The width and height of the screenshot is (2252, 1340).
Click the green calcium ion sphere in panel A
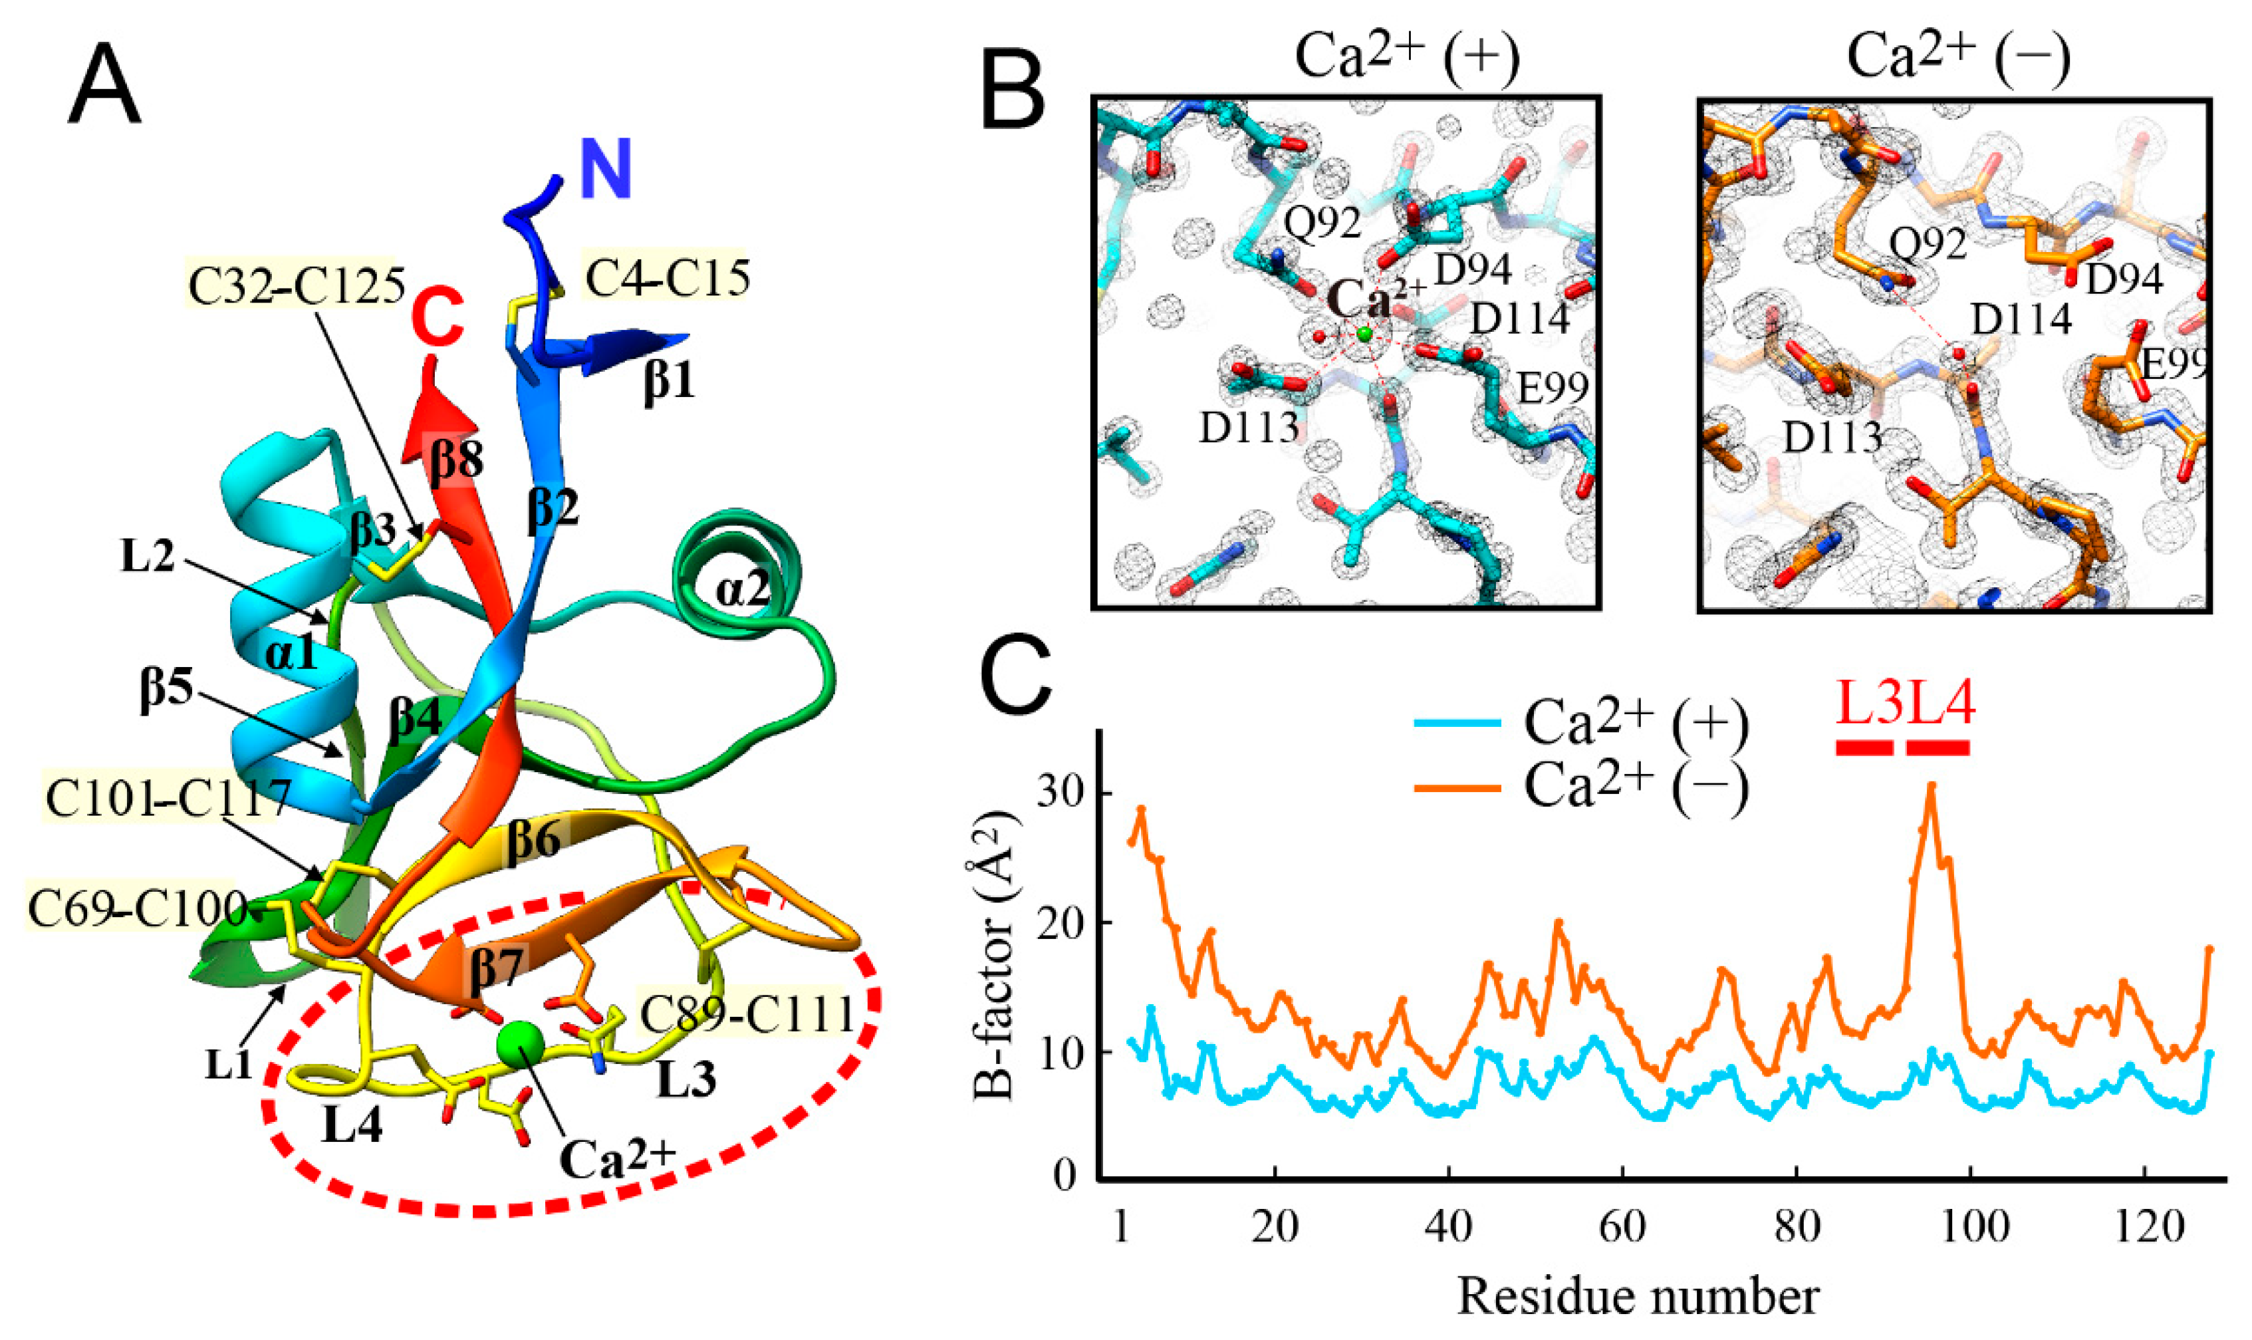521,1045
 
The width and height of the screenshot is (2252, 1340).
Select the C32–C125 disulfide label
296,285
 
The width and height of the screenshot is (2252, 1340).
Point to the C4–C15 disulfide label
667,277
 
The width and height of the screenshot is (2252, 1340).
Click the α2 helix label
742,590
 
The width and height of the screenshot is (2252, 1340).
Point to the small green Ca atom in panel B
1364,334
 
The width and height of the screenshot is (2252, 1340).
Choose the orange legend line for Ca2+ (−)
1457,787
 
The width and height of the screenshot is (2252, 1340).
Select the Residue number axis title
1638,1297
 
